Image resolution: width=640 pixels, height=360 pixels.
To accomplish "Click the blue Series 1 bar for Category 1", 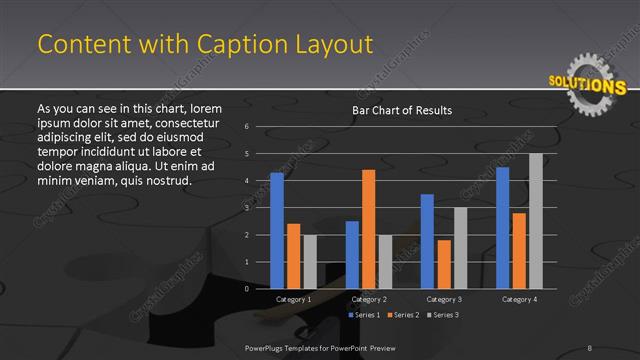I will (x=277, y=231).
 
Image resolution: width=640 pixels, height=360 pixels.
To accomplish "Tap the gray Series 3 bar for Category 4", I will (x=535, y=221).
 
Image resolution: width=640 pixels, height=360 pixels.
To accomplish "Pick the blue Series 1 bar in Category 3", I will (x=427, y=241).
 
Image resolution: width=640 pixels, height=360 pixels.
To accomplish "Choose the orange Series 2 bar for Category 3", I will (x=443, y=264).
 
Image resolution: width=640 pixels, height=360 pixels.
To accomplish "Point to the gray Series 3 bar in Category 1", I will (x=309, y=262).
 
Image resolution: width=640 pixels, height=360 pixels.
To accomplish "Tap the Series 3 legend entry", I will (x=442, y=315).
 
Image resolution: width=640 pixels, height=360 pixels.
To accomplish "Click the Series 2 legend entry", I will (x=403, y=315).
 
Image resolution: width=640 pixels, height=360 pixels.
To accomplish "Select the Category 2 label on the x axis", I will (x=369, y=299).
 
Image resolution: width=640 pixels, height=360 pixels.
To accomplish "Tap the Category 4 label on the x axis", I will (x=519, y=299).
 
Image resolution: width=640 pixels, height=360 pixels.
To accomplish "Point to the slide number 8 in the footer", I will (x=590, y=347).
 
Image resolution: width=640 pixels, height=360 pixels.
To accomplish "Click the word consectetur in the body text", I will (x=189, y=121).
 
